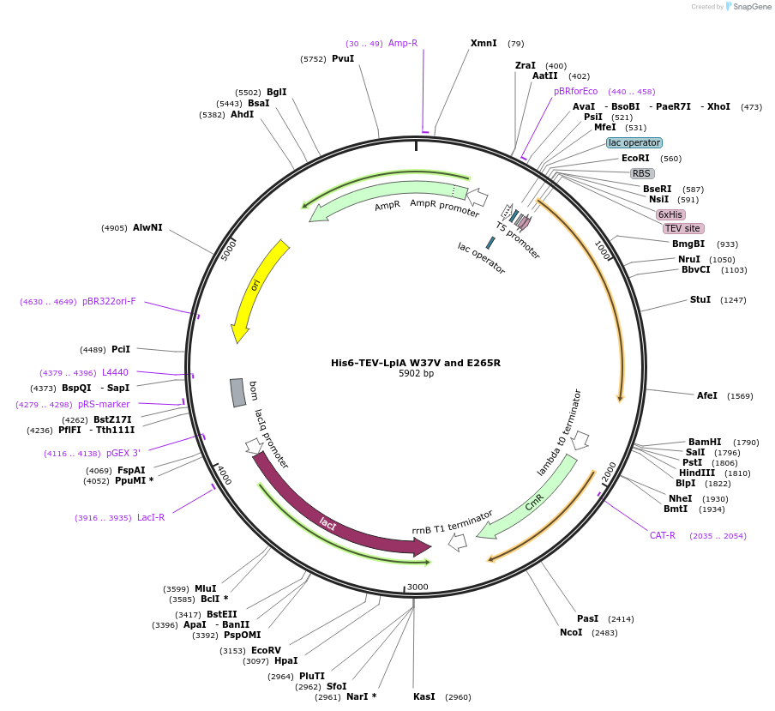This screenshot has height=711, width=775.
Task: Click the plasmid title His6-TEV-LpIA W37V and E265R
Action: pos(416,363)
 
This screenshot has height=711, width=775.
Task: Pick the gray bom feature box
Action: pos(237,393)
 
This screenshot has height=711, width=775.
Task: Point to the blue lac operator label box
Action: pos(634,142)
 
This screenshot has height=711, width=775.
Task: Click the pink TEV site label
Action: pos(682,228)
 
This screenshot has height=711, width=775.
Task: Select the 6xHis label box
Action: pos(670,214)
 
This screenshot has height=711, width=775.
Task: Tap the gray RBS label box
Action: pos(642,173)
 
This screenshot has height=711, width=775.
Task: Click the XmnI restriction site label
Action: pos(484,43)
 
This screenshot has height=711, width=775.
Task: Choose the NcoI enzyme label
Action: pos(571,632)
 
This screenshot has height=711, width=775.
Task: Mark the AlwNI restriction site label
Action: pos(147,227)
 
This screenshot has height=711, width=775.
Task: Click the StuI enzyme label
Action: pos(700,299)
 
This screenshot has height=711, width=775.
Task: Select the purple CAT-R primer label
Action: pos(663,535)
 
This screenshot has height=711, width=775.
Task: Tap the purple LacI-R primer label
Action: pos(151,517)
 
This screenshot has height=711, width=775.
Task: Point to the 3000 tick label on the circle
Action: pos(418,587)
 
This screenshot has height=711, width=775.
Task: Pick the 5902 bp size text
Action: pos(416,374)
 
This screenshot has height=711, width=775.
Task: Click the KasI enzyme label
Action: pos(424,696)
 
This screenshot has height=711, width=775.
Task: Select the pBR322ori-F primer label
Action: pos(109,301)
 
